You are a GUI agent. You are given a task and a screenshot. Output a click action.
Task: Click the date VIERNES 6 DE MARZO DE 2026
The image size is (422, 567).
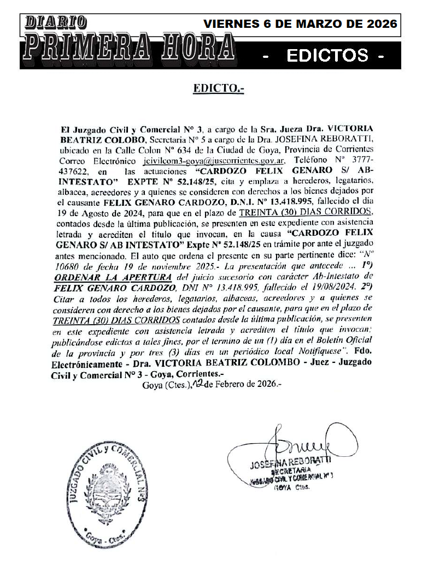(x=300, y=25)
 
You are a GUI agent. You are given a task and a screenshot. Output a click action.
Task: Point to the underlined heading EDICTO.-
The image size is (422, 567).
(x=218, y=88)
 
